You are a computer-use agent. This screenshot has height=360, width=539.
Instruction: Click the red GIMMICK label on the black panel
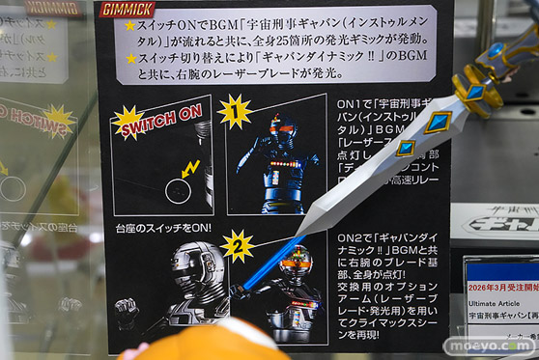click(129, 10)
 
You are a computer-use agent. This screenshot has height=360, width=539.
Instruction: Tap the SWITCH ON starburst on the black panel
click(141, 120)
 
